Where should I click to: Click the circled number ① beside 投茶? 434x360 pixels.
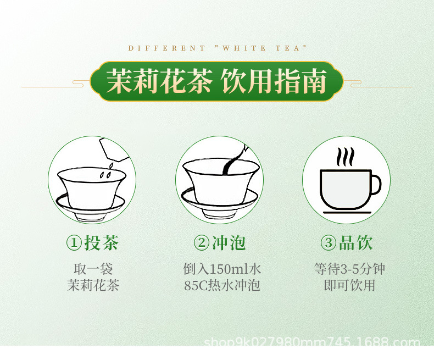click(x=74, y=243)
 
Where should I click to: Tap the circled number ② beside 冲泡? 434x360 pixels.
click(x=201, y=243)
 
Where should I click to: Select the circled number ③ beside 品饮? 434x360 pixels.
click(x=329, y=243)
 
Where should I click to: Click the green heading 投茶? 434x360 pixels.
click(x=101, y=243)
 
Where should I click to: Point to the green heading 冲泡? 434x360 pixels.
click(x=229, y=243)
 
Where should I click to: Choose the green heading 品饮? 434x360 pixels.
click(x=355, y=243)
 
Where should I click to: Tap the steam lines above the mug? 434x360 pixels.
click(x=345, y=157)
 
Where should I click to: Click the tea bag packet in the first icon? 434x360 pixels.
click(x=114, y=150)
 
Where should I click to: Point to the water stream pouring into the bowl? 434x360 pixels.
click(x=232, y=164)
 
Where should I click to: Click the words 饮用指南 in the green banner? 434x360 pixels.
click(x=274, y=81)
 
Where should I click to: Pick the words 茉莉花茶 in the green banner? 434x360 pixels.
click(x=159, y=81)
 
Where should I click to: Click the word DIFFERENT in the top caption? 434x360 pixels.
click(x=166, y=48)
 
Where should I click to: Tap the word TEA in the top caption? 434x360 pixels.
click(x=287, y=48)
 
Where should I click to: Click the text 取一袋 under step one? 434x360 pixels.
click(x=93, y=269)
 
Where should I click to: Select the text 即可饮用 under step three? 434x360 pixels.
click(x=349, y=285)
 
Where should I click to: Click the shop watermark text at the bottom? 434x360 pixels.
click(x=312, y=341)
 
